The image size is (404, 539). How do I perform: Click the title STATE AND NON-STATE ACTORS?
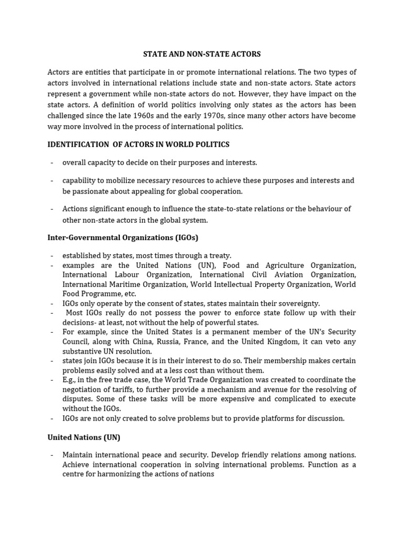pyautogui.click(x=202, y=54)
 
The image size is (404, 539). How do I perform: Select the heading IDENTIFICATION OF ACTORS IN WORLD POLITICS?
pyautogui.click(x=138, y=144)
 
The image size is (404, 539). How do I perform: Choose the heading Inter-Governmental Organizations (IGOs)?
pyautogui.click(x=123, y=237)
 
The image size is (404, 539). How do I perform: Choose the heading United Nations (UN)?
pyautogui.click(x=84, y=437)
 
